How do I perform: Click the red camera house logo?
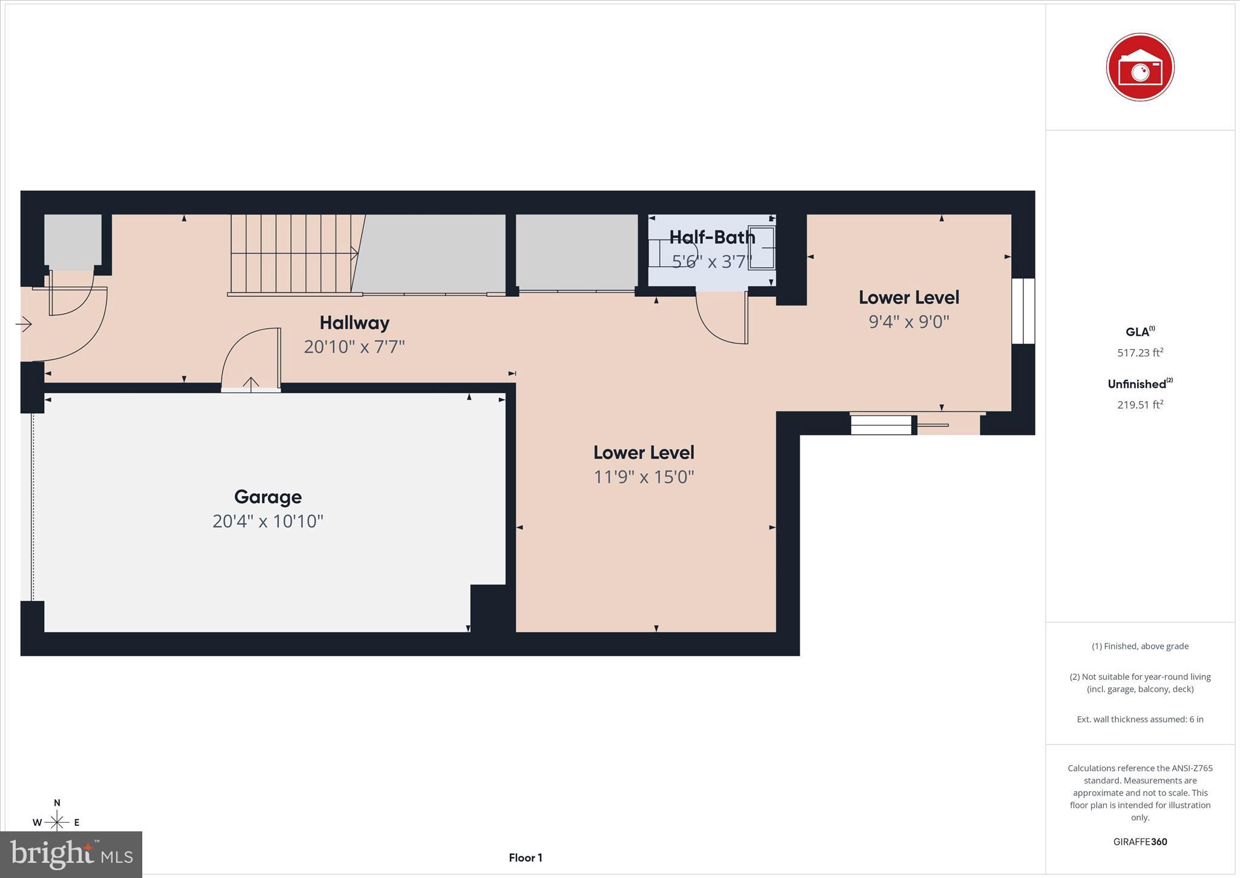point(1139,67)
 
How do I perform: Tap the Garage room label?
point(268,497)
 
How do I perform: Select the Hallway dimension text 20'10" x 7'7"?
point(354,347)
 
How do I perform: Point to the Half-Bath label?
point(712,237)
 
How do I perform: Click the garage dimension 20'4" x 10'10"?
point(268,521)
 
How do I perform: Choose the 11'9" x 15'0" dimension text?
point(644,477)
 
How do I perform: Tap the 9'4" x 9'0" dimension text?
point(909,321)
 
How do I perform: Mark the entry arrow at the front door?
point(24,325)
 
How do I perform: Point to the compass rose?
point(57,822)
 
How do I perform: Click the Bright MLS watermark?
point(71,854)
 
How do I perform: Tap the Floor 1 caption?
point(525,857)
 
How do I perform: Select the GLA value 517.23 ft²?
point(1139,353)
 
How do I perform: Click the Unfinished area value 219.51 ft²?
point(1139,405)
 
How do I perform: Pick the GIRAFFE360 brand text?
point(1139,842)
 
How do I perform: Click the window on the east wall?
point(1023,311)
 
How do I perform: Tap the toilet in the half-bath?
point(672,253)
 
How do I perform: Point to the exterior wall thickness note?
point(1139,719)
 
